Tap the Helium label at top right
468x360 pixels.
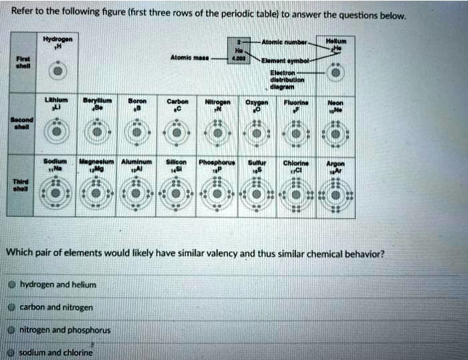coord(333,41)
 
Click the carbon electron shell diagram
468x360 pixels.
coord(178,131)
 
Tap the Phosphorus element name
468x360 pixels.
coord(215,161)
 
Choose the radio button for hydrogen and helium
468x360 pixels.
coord(13,284)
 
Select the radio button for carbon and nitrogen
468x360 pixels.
coord(13,307)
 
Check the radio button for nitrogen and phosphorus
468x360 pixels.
coord(13,330)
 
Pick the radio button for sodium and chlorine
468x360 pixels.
coord(13,352)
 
